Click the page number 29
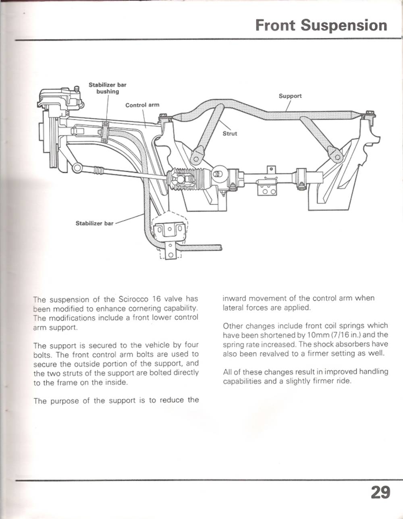pos(380,492)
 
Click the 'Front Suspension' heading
pos(321,25)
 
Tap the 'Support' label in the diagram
pos(290,96)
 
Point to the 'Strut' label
pos(230,133)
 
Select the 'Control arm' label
pos(142,105)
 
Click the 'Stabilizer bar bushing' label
pos(107,88)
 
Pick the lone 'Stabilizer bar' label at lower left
pos(95,223)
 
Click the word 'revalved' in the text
pos(265,354)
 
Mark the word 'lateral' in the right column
pos(233,308)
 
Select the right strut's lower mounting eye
pos(333,153)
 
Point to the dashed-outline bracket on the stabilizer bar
pos(170,232)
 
